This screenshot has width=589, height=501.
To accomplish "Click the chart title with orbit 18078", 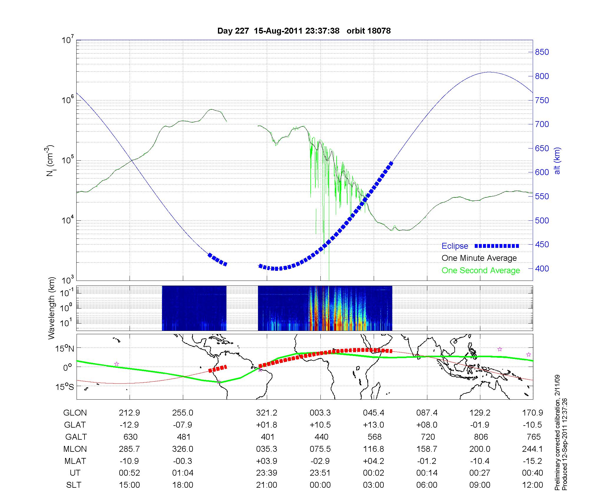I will tap(304, 31).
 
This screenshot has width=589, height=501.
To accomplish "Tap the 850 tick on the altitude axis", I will tap(542, 52).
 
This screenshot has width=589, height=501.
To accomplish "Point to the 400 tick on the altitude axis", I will tap(542, 268).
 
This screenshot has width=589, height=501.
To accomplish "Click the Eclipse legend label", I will tap(455, 246).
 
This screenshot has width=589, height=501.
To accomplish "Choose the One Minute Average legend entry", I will tap(479, 258).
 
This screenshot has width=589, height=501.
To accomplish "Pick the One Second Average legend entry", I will tap(481, 271).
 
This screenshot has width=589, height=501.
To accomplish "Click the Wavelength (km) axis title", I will tap(52, 308).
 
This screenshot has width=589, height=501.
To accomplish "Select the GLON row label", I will tap(75, 413).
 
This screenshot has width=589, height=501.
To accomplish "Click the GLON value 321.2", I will tap(267, 413).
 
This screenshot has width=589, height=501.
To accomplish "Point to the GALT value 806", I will tap(481, 437).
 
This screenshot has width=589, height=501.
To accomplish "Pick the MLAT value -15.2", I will tap(532, 461).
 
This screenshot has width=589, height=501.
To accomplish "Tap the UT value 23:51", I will tap(320, 473).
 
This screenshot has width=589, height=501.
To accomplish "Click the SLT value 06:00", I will tap(427, 485).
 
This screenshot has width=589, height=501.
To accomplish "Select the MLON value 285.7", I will tap(129, 449).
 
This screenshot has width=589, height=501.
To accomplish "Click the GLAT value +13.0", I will tap(373, 425).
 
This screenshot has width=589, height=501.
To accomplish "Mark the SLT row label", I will tap(74, 485).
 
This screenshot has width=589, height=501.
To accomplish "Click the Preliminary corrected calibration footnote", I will tap(557, 433).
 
